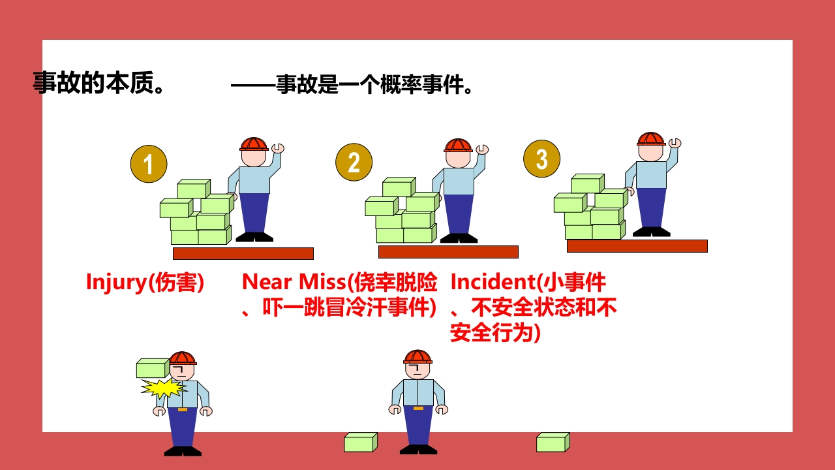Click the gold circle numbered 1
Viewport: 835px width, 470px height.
pos(149,164)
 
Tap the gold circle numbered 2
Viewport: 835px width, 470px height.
pos(354,163)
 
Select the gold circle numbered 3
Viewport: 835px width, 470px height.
pos(541,159)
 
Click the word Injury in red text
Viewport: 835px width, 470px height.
pos(117,283)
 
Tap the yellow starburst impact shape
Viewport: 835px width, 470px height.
pos(163,388)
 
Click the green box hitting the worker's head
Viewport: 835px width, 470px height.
pos(153,368)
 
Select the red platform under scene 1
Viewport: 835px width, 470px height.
pos(243,253)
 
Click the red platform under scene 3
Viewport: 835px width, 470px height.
pos(637,246)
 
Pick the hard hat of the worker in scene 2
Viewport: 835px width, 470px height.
pos(458,146)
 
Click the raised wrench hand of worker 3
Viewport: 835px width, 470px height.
pos(675,143)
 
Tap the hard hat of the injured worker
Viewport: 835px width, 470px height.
pos(182,358)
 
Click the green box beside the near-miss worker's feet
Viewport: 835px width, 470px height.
pos(361,443)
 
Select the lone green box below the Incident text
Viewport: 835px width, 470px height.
pos(553,443)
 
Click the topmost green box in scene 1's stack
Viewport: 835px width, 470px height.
pos(194,189)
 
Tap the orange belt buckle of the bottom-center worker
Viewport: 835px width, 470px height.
pos(418,409)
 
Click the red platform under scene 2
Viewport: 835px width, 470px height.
pos(448,252)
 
